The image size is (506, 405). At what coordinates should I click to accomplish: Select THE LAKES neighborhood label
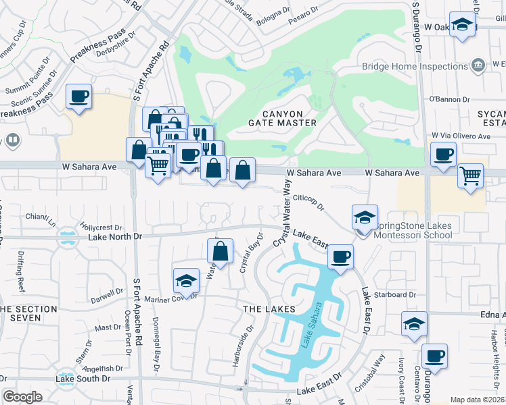(x=269, y=308)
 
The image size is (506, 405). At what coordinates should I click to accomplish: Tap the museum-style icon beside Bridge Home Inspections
(x=478, y=65)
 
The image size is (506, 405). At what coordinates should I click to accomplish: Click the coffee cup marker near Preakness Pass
(x=78, y=97)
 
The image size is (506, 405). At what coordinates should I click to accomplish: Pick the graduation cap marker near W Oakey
(x=462, y=26)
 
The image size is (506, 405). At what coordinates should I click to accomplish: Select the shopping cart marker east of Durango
(x=470, y=175)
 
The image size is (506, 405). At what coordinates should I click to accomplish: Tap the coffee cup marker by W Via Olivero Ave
(x=443, y=155)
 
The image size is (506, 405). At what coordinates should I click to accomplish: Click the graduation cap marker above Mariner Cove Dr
(x=185, y=280)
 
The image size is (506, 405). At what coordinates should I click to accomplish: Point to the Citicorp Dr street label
(x=309, y=200)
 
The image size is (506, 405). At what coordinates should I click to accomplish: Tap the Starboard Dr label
(x=399, y=295)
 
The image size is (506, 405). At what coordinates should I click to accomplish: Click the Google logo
(x=22, y=397)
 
